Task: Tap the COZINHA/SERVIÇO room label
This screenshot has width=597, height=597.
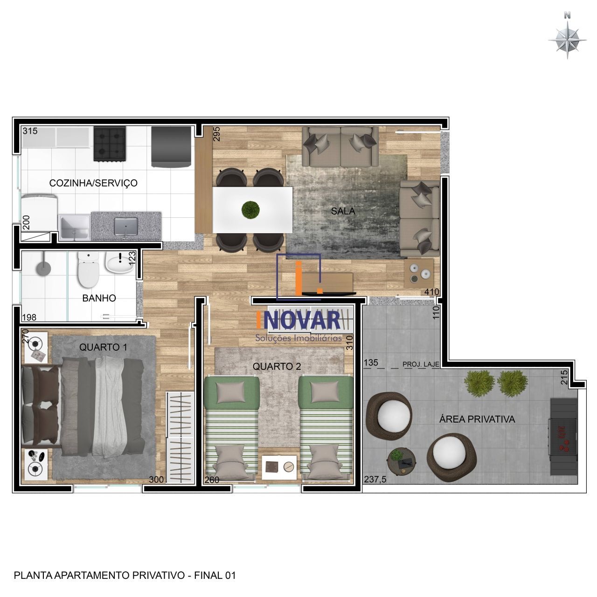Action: coord(93,183)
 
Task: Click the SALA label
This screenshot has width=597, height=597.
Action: coord(343,211)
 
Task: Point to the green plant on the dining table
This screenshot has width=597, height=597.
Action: coord(251,209)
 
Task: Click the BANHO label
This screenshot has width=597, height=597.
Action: coord(99,298)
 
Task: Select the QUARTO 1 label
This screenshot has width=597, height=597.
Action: coord(103,347)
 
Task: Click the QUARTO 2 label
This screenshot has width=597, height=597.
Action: coord(277,367)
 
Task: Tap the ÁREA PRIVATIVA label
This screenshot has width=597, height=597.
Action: coord(477,419)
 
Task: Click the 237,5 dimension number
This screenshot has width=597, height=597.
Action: coord(375,479)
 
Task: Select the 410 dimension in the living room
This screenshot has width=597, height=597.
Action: coord(431,292)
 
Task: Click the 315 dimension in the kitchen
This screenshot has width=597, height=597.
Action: coord(30,131)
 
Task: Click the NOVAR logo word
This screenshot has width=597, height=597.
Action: coord(299,321)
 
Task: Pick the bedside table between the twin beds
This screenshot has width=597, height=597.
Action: coord(279,466)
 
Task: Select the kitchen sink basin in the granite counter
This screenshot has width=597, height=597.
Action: coord(126,227)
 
